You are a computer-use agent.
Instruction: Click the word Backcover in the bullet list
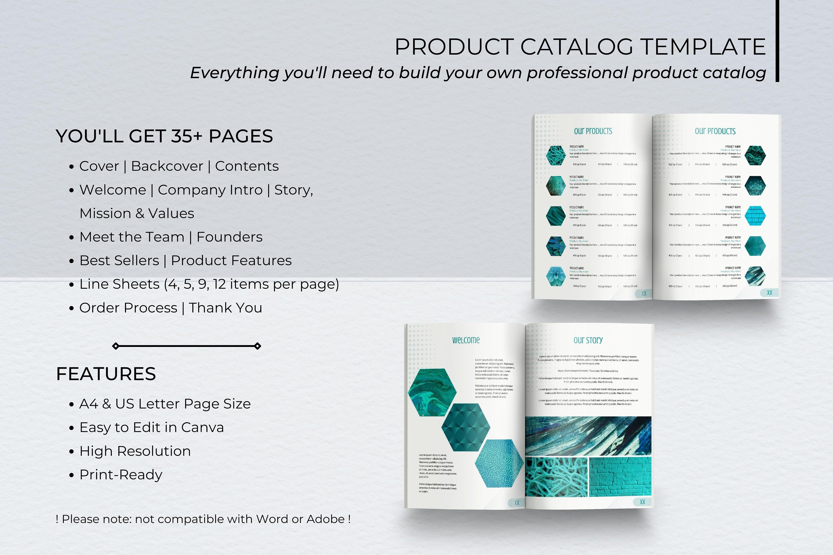pos(167,166)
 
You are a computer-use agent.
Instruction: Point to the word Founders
pos(229,237)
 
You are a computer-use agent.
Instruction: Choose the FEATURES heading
pos(106,374)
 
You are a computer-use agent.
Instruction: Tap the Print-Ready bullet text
pos(121,475)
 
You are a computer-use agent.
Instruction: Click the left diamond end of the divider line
pos(116,346)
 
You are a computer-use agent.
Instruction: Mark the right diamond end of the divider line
pos(258,346)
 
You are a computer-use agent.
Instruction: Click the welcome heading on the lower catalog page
pos(466,340)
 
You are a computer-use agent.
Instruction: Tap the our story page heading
pos(588,340)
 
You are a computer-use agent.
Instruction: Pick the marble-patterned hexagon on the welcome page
pos(432,392)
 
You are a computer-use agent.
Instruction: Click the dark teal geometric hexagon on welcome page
pos(466,427)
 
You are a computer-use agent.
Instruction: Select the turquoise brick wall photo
pos(620,477)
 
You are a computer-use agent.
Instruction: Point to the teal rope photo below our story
pos(556,477)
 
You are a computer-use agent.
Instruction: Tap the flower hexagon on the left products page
pos(556,276)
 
